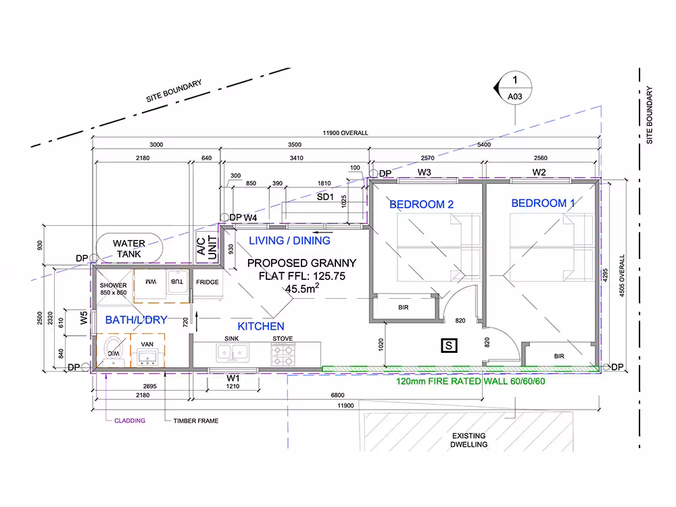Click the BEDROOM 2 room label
(421, 204)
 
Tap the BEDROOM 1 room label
(543, 203)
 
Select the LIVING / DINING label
(289, 241)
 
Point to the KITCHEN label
(261, 327)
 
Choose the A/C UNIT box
(207, 248)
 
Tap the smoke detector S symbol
(449, 345)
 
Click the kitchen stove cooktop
(283, 355)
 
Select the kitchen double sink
(233, 353)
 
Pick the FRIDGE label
(208, 282)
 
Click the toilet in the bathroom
(114, 350)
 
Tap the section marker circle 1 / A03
(514, 88)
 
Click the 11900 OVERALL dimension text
(345, 132)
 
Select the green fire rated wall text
(470, 381)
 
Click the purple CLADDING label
(130, 420)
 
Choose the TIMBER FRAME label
(196, 420)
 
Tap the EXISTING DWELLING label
(469, 440)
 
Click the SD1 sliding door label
(325, 197)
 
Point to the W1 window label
(233, 378)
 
